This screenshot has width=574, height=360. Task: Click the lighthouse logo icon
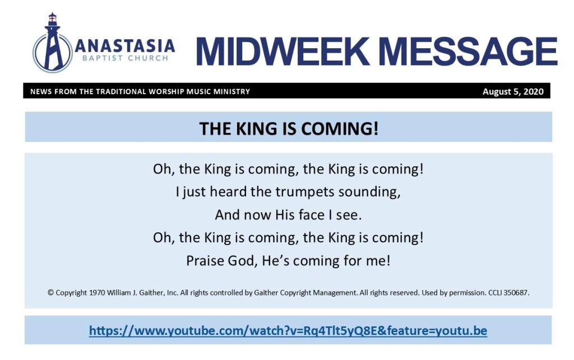(52, 43)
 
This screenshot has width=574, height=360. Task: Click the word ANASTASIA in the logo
(125, 46)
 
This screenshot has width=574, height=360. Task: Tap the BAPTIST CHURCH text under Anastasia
(125, 58)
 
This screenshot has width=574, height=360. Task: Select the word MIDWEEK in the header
(283, 51)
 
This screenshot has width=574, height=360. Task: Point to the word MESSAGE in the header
(467, 51)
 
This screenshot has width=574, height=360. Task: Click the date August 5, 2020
(513, 91)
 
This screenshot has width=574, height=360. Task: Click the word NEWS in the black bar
(41, 91)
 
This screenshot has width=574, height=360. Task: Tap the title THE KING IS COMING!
(289, 128)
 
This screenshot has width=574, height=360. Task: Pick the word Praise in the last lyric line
(205, 261)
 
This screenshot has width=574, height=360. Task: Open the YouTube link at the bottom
(288, 330)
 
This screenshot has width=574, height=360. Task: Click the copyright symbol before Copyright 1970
(50, 293)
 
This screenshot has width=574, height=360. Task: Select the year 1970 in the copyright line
(97, 293)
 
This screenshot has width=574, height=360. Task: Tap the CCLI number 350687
(516, 293)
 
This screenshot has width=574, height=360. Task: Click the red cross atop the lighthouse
(52, 17)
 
